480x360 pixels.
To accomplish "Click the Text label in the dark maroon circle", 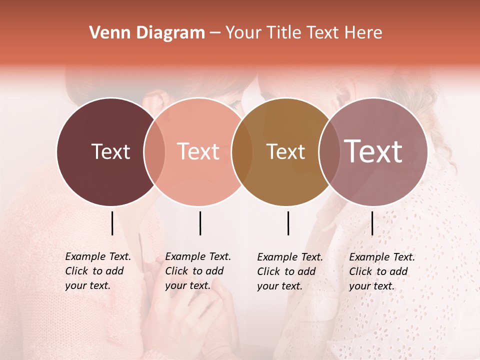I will tap(110, 151).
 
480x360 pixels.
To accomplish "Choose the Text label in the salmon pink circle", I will tap(198, 151).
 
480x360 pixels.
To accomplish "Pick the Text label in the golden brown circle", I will tap(286, 151).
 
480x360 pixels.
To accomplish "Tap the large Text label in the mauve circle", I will tap(373, 151).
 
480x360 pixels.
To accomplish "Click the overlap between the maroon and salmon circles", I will tap(154, 151).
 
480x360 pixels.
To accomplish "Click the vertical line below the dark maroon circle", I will tap(112, 223).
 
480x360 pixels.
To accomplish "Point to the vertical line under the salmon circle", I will tap(200, 223).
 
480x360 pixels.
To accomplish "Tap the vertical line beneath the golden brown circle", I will tap(288, 223).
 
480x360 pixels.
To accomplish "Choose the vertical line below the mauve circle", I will tap(372, 223).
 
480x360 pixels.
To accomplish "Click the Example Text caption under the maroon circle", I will tap(97, 271).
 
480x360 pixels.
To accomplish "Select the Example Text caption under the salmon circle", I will tap(197, 271).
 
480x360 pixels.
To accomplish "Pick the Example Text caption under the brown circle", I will tap(289, 271).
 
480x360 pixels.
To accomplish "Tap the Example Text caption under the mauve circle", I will tap(381, 271).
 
